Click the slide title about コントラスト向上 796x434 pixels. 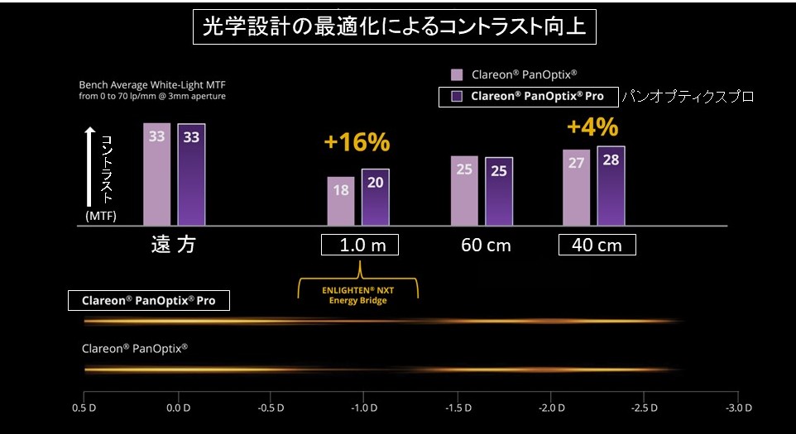tap(395, 27)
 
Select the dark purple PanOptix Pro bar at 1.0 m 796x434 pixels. tap(375, 197)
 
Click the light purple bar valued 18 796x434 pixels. tap(340, 200)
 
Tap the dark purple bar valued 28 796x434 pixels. tap(611, 185)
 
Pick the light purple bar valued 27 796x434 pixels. tap(576, 187)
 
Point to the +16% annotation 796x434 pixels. tap(357, 142)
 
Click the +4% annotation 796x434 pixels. tap(592, 126)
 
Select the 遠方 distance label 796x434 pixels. tap(173, 245)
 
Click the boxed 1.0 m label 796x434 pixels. tap(359, 246)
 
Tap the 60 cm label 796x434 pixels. tap(486, 246)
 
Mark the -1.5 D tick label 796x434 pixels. tap(456, 408)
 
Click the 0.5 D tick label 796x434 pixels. tap(84, 408)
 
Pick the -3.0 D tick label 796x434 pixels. tap(737, 408)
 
